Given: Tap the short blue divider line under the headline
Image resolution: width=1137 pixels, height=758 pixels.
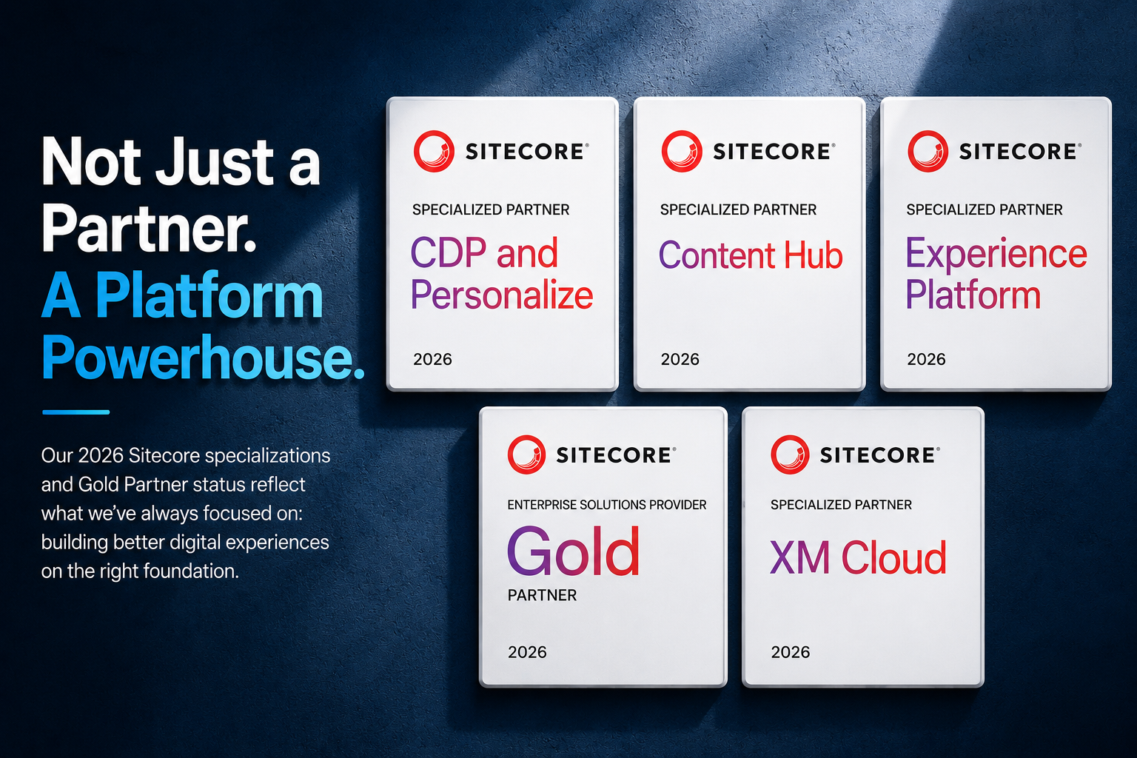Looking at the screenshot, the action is click(x=76, y=412).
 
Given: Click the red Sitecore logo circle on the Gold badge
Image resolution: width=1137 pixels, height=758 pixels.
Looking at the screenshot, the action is click(x=526, y=455).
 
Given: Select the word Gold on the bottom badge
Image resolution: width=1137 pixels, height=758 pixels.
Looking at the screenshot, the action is click(x=573, y=551).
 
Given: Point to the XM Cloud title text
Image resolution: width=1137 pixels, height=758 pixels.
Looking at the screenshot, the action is click(x=858, y=557).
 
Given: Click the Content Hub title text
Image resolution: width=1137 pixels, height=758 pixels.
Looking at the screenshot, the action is click(x=751, y=255).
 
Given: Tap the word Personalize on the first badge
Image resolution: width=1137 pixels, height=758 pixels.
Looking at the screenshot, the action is click(x=501, y=295).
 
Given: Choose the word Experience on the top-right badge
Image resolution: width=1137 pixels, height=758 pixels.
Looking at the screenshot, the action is click(x=996, y=252).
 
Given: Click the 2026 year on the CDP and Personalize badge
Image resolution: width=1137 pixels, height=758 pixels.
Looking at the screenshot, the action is click(x=432, y=360).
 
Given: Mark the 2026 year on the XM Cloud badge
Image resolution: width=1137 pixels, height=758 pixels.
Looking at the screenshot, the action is click(x=791, y=652).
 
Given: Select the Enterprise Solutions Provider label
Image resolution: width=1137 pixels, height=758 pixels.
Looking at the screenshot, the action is click(x=606, y=505).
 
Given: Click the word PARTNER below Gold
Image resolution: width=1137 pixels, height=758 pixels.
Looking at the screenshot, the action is click(x=542, y=595).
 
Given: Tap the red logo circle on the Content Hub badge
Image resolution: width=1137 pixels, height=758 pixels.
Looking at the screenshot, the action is click(x=682, y=151).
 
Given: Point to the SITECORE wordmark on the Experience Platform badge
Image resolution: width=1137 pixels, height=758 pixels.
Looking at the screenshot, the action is click(x=1017, y=152).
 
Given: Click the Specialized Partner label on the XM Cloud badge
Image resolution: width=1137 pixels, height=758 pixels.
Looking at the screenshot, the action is click(x=841, y=505).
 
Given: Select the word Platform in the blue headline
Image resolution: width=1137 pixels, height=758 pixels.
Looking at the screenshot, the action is click(x=209, y=295).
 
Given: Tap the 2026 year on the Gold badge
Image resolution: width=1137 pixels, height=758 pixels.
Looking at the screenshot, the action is click(x=527, y=652).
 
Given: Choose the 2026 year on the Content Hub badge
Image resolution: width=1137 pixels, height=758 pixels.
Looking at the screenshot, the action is click(x=680, y=360).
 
